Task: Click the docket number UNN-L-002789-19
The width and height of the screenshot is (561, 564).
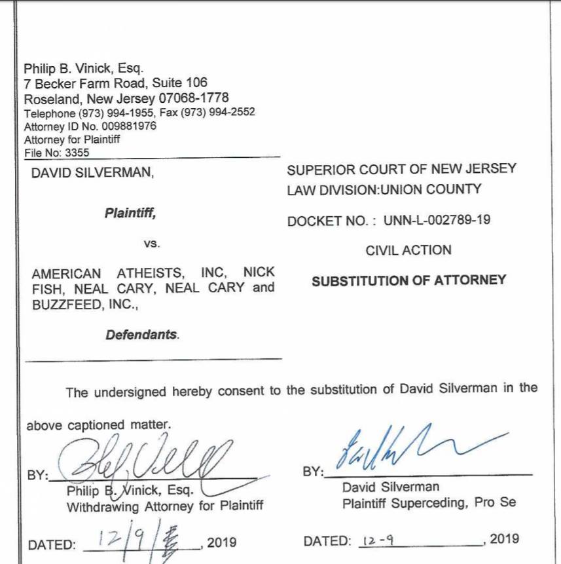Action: [x=437, y=221]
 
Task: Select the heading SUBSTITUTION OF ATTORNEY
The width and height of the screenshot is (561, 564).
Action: [x=408, y=280]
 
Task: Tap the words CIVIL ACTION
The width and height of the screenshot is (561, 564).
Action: [x=408, y=250]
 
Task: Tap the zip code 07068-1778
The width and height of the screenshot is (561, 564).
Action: [x=194, y=98]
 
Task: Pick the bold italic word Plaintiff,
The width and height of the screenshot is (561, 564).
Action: [x=130, y=214]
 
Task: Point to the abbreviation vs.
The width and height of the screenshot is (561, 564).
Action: [x=151, y=244]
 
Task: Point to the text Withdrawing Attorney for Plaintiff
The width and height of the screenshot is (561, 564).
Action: [x=165, y=506]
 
